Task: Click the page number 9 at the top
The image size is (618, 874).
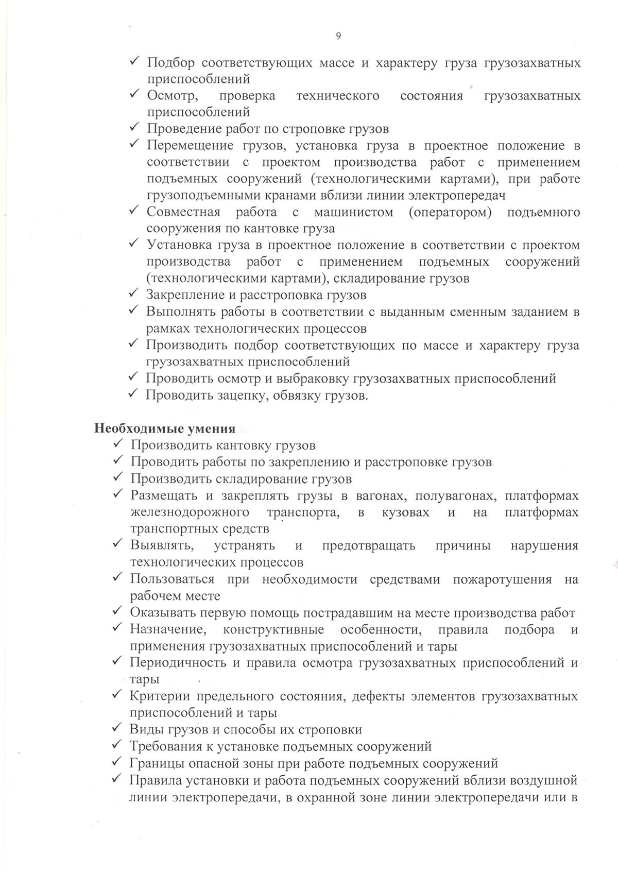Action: [338, 36]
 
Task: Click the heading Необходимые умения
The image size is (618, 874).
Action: [164, 429]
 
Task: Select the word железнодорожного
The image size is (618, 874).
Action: [190, 512]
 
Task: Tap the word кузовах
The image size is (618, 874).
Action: [405, 512]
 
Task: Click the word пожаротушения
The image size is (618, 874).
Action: [502, 579]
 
